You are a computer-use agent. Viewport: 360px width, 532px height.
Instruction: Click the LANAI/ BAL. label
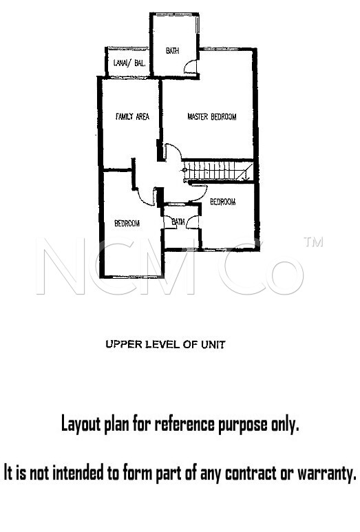[x=129, y=63]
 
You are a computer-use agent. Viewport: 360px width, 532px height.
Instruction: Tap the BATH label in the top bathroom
[x=172, y=50]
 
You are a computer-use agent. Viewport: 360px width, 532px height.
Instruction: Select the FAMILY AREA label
[x=132, y=116]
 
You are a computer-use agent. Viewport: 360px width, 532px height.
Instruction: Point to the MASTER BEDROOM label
[x=212, y=117]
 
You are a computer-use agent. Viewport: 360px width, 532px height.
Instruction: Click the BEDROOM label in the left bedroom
[x=127, y=223]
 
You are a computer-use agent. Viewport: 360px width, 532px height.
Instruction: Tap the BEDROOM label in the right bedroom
[x=223, y=202]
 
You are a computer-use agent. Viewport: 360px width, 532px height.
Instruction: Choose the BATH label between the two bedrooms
[x=178, y=222]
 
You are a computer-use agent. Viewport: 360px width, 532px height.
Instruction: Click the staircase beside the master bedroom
[x=217, y=171]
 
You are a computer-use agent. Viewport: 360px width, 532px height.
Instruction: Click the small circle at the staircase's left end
[x=185, y=169]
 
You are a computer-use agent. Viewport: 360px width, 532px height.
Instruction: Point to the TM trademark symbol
[x=313, y=242]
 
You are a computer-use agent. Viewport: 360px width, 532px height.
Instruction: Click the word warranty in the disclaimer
[x=327, y=473]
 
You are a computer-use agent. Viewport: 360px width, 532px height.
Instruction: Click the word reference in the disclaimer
[x=184, y=424]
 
